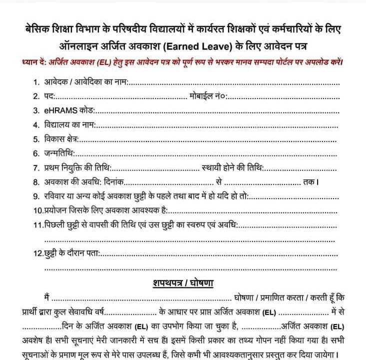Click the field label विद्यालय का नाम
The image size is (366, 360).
tap(70, 124)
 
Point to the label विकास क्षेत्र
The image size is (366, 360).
tap(62, 139)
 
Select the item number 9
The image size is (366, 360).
tap(36, 197)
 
